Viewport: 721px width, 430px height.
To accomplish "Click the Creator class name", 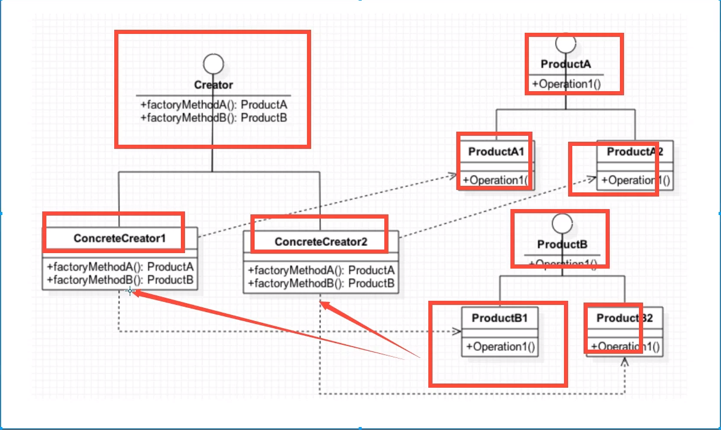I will point(214,85).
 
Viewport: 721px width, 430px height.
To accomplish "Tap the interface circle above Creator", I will point(213,64).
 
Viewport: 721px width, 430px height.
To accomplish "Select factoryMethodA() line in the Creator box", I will point(214,105).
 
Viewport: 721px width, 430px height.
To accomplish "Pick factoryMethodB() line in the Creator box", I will point(214,117).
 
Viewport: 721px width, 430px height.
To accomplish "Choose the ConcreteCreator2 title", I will point(321,242).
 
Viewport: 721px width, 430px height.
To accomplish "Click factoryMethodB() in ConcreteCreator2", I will point(321,284).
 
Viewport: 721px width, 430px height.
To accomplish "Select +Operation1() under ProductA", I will point(566,84).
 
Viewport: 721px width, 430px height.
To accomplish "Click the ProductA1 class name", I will point(496,152).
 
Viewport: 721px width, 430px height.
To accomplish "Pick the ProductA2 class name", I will point(635,152).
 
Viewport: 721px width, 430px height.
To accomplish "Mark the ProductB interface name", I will point(562,244).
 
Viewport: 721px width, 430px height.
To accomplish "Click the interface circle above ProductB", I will point(562,224).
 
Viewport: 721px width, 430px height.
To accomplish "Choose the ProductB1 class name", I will point(500,318).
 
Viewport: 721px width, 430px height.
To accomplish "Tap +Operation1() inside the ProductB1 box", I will point(500,346).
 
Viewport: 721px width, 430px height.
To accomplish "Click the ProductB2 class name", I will point(625,318).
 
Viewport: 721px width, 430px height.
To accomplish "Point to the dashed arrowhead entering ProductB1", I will point(457,331).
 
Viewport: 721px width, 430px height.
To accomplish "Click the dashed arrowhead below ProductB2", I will point(624,362).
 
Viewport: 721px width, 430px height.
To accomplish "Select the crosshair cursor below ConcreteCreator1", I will point(130,291).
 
